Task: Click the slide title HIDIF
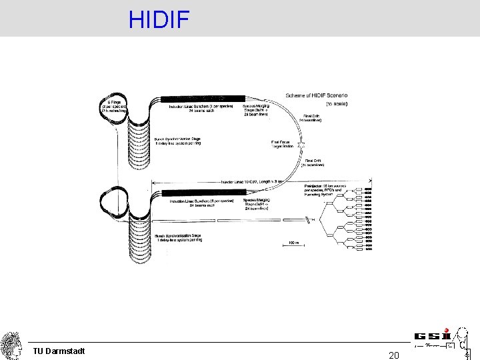point(159,19)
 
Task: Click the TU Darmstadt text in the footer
point(59,351)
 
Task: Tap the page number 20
point(394,355)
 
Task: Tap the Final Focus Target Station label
point(283,143)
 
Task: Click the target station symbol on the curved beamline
point(302,144)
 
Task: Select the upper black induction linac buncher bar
point(200,99)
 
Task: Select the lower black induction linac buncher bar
point(200,193)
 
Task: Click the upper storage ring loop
point(113,110)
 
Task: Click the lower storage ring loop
point(113,203)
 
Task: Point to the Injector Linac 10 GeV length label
point(247,182)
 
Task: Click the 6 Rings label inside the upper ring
point(114,107)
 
